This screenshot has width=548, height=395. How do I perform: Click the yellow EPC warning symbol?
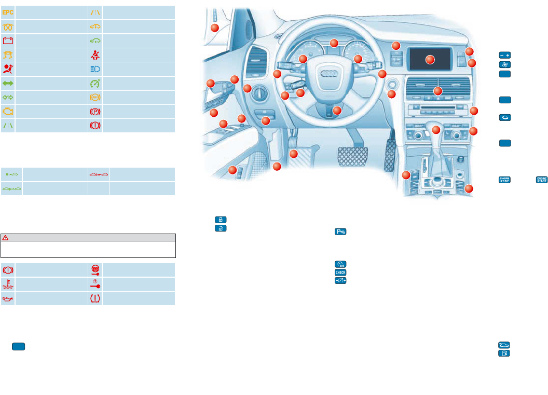tap(8, 11)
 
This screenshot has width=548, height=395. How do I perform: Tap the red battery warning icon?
tap(8, 40)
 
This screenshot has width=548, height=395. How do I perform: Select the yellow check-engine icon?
tap(8, 111)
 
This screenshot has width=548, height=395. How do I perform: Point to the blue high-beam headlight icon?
tap(95, 68)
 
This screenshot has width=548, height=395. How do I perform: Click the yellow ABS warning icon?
tap(95, 97)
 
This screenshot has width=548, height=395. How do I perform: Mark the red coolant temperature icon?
tap(8, 283)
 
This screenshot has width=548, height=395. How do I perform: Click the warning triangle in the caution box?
tap(6, 237)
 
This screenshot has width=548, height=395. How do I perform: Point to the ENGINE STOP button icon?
tap(503, 180)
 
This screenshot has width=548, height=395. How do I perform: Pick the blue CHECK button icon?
tap(340, 272)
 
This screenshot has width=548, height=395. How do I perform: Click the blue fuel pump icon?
tap(504, 353)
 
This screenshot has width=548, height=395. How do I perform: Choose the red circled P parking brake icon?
tap(95, 111)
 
